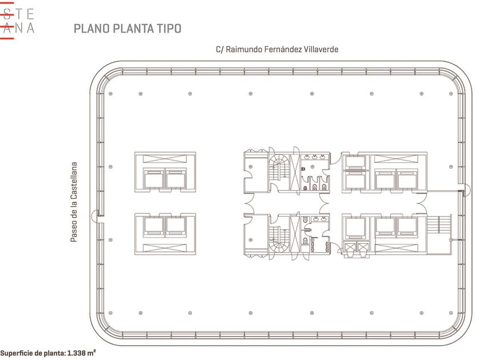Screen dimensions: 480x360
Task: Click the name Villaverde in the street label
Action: click(x=321, y=49)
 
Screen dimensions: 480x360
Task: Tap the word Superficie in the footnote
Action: click(x=16, y=353)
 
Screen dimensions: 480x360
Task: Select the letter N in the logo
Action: click(x=19, y=28)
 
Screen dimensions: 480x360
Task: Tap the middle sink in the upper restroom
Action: click(x=314, y=157)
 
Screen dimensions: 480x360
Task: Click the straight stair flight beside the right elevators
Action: click(x=439, y=225)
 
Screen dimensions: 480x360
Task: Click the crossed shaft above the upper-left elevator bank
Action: click(x=165, y=159)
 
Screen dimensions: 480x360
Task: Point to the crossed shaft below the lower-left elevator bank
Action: click(x=165, y=247)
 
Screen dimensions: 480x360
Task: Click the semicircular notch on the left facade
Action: click(x=95, y=215)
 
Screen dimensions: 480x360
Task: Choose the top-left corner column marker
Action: click(x=110, y=94)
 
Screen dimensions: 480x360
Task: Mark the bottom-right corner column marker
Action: click(x=451, y=313)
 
